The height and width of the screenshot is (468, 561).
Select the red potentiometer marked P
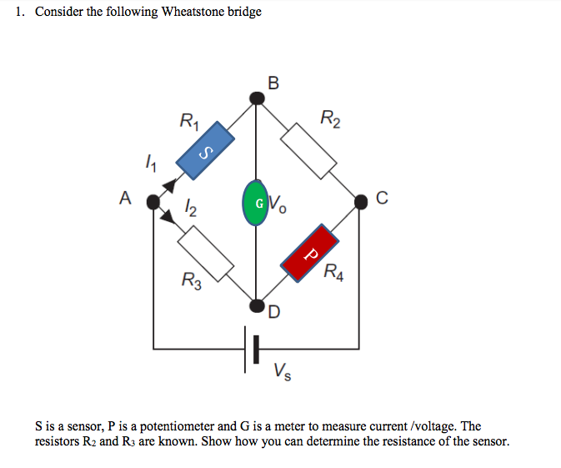pyautogui.click(x=310, y=251)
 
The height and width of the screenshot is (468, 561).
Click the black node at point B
pyautogui.click(x=258, y=99)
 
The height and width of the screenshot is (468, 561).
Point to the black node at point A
pyautogui.click(x=153, y=201)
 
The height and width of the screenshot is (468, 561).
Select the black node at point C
pyautogui.click(x=360, y=200)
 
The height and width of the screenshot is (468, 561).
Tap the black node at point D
pyautogui.click(x=258, y=304)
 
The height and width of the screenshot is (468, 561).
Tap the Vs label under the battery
pyautogui.click(x=283, y=370)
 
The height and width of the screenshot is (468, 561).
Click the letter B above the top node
pyautogui.click(x=274, y=81)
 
